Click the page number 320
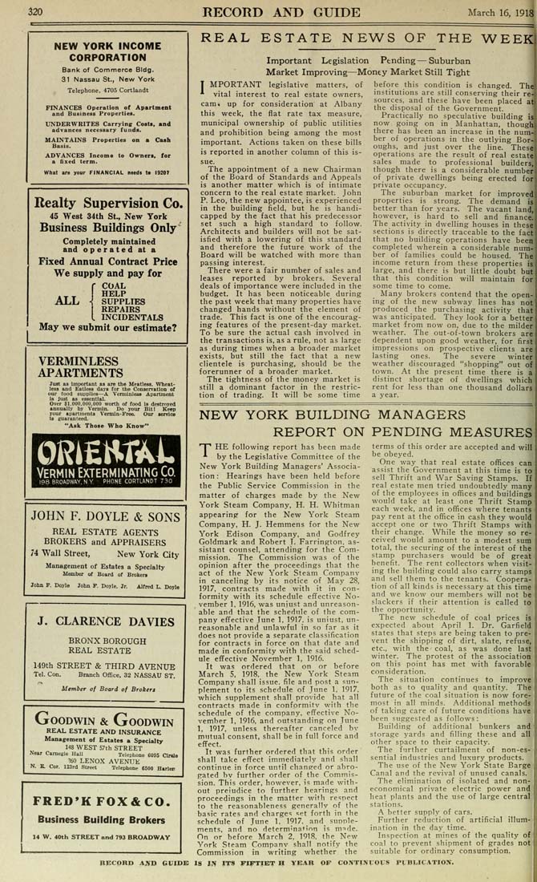(x=34, y=13)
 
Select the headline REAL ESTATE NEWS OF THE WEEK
(x=367, y=39)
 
